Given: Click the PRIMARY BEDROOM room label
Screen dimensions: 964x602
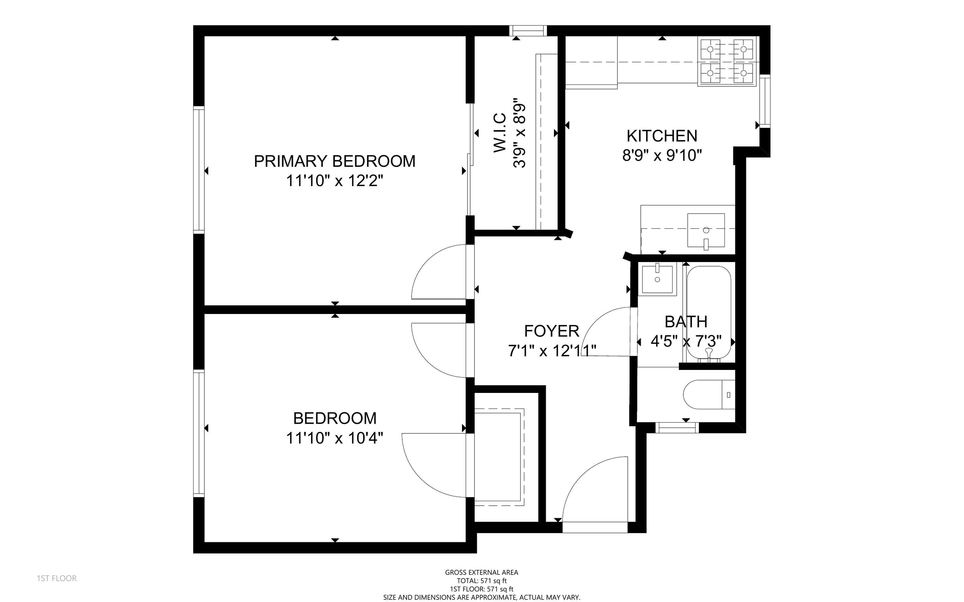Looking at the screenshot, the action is [x=334, y=161].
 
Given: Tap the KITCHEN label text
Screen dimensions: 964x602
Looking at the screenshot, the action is [x=662, y=136].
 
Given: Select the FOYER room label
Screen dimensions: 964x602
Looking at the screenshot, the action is [x=551, y=331].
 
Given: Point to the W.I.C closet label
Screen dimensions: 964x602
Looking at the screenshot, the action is [x=500, y=133].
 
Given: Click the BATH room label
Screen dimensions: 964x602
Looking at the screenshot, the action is [x=686, y=322].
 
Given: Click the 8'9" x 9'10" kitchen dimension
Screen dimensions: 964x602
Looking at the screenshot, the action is [x=662, y=155].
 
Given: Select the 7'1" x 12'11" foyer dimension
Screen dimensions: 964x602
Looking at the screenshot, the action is [x=552, y=351].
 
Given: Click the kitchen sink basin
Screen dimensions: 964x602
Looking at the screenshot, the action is [x=706, y=230].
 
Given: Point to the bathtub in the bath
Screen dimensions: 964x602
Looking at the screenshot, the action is [x=709, y=313].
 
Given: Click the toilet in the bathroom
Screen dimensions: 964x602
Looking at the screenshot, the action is [x=709, y=394].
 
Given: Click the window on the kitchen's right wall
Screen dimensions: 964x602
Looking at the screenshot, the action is [x=765, y=101].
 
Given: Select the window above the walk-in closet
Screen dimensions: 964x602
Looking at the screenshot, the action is [x=528, y=31].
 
